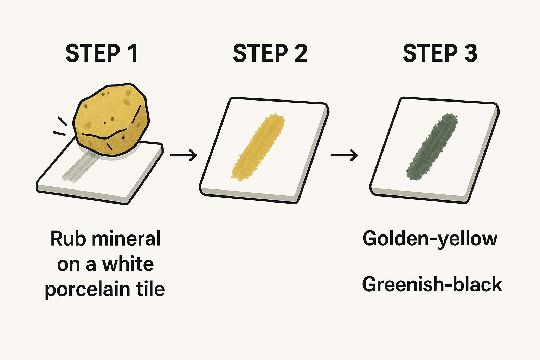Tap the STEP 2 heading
click(x=270, y=53)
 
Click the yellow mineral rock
click(x=111, y=120)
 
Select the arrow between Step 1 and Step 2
click(x=183, y=155)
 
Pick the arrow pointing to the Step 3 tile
click(x=344, y=155)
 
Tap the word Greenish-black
click(x=432, y=284)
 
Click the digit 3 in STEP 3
click(x=469, y=53)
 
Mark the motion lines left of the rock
click(x=60, y=127)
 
